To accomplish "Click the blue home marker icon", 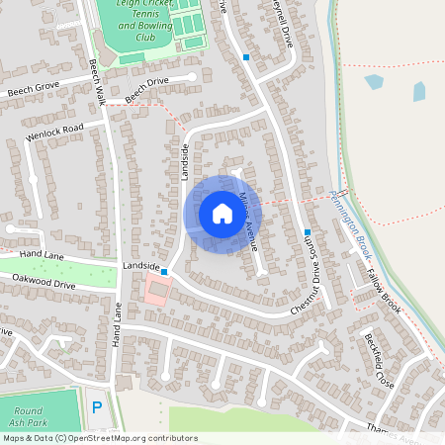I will click(x=222, y=213).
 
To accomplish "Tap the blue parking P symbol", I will click(x=96, y=406).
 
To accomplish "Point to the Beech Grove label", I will click(x=34, y=90).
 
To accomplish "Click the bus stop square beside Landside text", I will click(x=164, y=271).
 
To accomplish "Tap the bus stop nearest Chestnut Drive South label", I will click(x=308, y=232).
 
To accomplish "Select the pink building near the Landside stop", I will click(x=156, y=290).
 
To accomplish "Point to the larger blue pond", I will click(x=374, y=82).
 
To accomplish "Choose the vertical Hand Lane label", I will click(x=117, y=324).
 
